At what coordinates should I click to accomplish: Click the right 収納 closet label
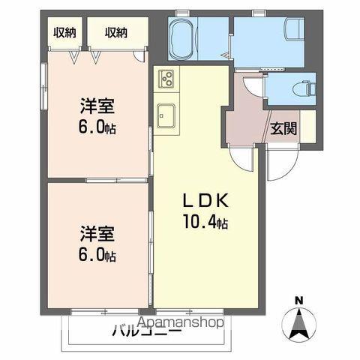click(x=115, y=32)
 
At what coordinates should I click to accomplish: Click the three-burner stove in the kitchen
click(x=164, y=78)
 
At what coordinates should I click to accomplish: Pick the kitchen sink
click(x=166, y=115)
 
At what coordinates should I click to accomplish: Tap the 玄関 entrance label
click(x=283, y=127)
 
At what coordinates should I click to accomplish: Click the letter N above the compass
click(x=298, y=301)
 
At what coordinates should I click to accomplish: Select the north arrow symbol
click(x=298, y=325)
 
